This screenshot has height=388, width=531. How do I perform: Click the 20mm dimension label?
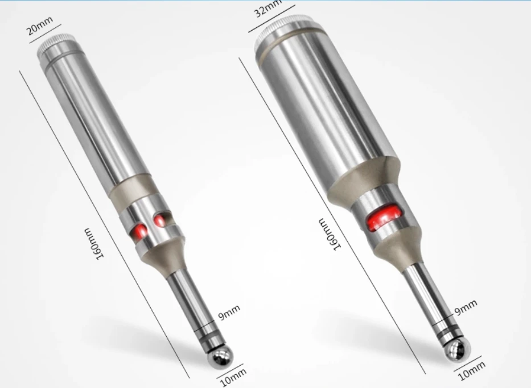40,26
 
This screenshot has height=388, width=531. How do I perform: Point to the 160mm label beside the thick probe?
328,234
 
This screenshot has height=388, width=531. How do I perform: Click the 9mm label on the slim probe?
229,312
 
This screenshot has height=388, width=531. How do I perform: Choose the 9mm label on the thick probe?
466,307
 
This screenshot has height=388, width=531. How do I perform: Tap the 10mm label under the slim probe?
233,377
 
